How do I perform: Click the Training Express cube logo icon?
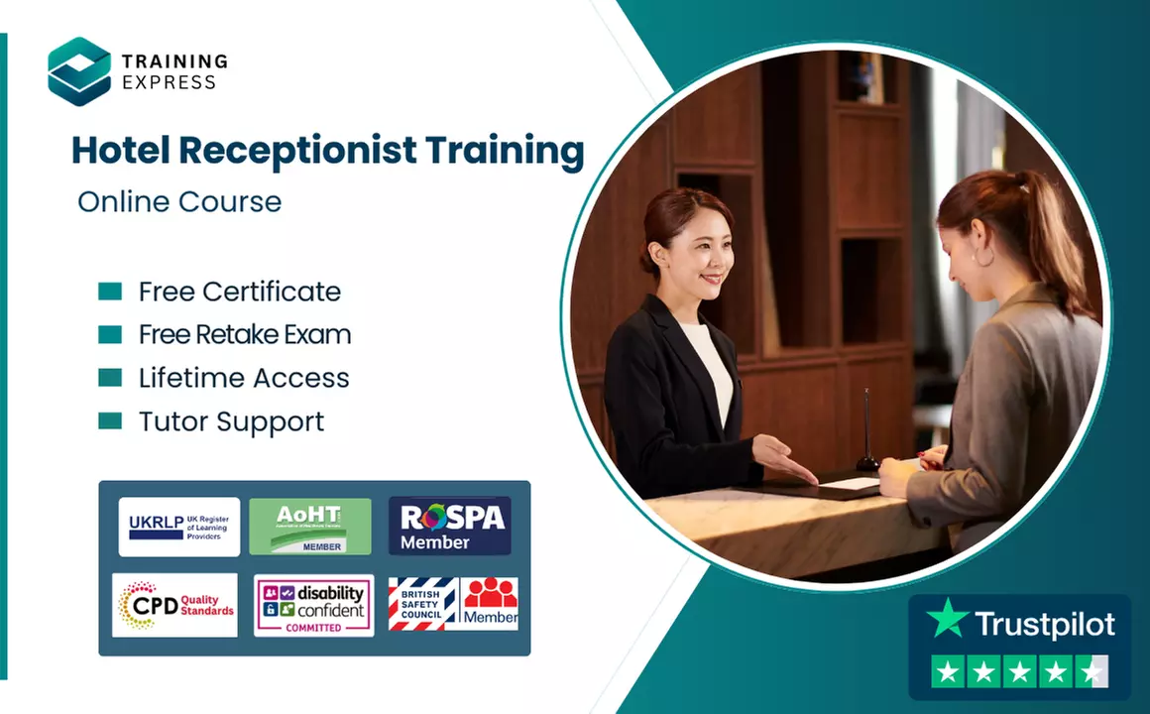tap(79, 70)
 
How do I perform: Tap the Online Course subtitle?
tap(179, 202)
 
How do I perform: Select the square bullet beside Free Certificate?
tap(110, 292)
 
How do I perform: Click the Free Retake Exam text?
tap(244, 335)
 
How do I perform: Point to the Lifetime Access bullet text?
tap(244, 378)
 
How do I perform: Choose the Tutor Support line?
tap(231, 421)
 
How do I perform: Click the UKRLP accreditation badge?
tap(178, 527)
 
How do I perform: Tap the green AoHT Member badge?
tap(310, 527)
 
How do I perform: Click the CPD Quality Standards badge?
tap(175, 605)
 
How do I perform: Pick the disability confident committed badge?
tap(313, 605)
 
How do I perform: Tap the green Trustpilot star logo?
tap(947, 619)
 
